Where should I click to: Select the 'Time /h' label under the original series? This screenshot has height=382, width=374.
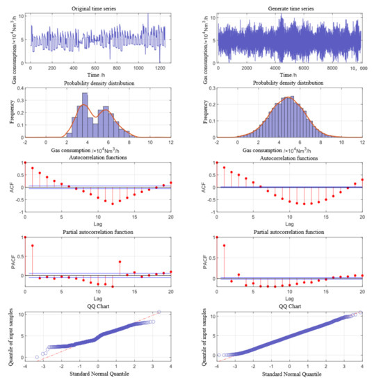[x=97, y=76]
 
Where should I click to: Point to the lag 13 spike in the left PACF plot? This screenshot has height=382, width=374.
[x=120, y=262]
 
